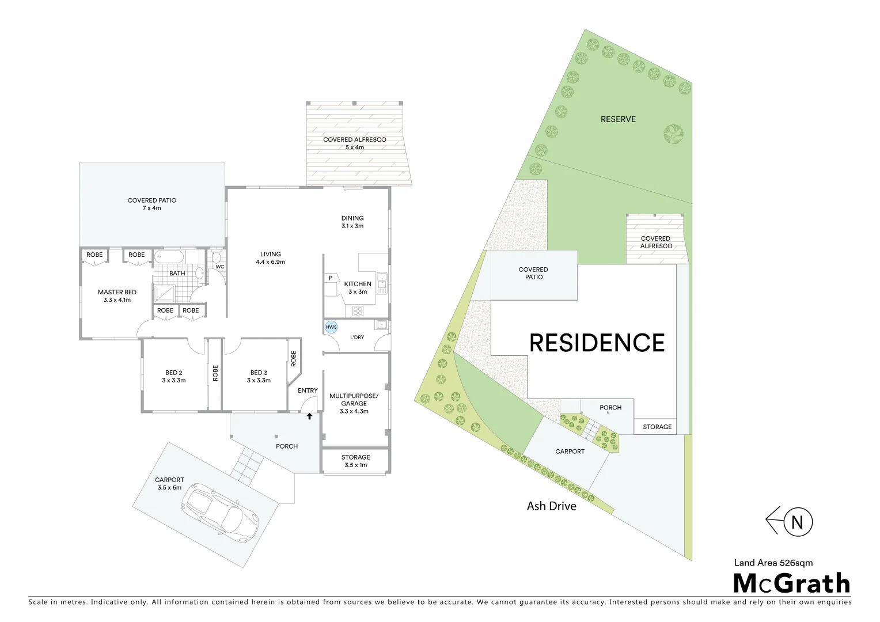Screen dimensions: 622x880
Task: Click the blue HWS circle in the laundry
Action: [x=331, y=327]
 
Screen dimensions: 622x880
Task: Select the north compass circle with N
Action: [x=798, y=522]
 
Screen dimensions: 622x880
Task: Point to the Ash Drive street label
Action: [x=551, y=506]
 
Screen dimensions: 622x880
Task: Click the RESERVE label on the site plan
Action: [x=618, y=119]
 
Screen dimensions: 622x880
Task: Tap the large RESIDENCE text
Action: [x=597, y=343]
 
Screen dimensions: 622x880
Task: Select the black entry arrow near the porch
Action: [x=309, y=416]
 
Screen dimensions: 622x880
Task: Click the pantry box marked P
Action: [x=331, y=278]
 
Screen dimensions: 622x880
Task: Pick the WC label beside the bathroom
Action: [x=220, y=267]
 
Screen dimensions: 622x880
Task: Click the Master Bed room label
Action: [x=117, y=296]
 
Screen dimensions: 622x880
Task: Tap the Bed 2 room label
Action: [x=173, y=377]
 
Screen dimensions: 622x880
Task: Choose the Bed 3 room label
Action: [x=259, y=377]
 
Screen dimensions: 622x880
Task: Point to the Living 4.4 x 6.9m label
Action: [x=270, y=258]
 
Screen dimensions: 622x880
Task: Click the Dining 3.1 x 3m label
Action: [x=352, y=222]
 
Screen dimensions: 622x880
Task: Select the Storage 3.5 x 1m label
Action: [x=355, y=461]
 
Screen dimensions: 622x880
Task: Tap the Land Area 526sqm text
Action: [x=773, y=563]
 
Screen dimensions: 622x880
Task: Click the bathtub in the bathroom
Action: [x=169, y=256]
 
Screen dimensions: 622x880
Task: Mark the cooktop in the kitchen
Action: [x=358, y=311]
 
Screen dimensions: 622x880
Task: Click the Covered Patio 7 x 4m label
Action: [x=152, y=204]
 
